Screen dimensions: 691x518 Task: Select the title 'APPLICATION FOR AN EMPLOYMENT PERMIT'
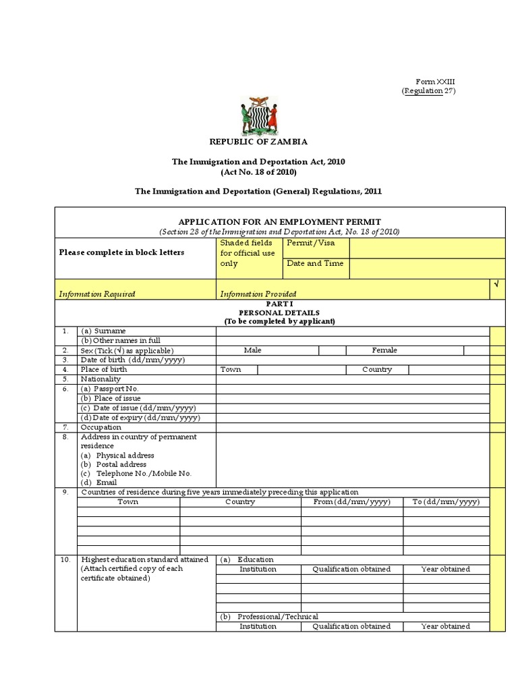click(x=279, y=221)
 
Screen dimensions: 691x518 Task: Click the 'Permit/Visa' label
click(x=310, y=243)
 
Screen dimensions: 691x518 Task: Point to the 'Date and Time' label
click(x=315, y=263)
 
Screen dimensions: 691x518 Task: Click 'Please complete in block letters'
click(x=121, y=252)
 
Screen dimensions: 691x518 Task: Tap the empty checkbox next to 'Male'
click(x=332, y=350)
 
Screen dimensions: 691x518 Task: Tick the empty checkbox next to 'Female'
click(x=476, y=350)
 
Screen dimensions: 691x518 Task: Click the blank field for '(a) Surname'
click(x=353, y=331)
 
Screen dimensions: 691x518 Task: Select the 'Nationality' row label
click(x=101, y=379)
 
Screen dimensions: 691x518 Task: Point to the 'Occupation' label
click(x=101, y=427)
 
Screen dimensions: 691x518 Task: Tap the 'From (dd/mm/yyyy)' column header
click(x=352, y=502)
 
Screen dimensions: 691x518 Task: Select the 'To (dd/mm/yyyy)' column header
click(x=446, y=502)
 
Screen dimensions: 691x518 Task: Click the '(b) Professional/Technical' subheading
click(x=269, y=617)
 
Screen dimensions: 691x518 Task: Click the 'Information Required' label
click(x=97, y=294)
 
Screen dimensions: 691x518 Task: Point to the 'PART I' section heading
click(x=279, y=304)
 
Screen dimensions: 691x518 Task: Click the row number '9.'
click(x=65, y=492)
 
